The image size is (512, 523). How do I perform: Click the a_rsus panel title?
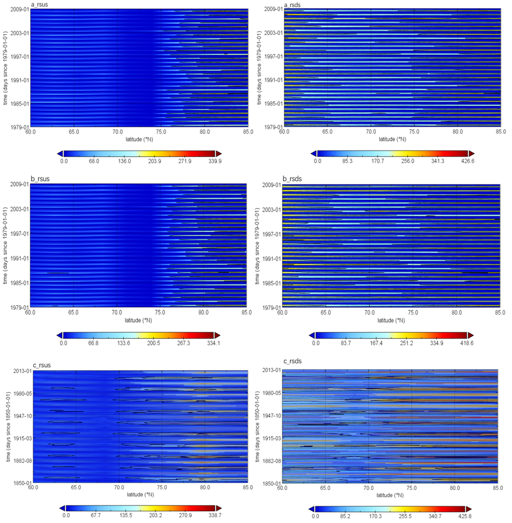[x=39, y=5]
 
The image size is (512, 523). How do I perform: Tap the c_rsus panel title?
[x=42, y=365]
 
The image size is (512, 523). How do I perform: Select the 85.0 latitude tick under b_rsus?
[x=247, y=313]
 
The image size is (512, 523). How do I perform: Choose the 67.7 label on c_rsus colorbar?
[x=96, y=516]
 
